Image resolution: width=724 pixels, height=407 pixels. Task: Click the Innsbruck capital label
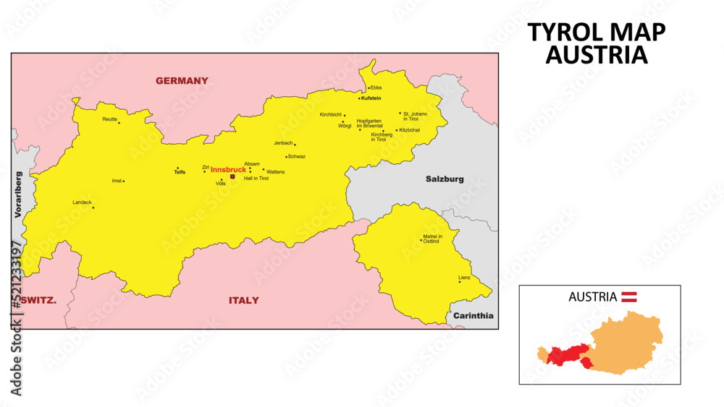tap(228, 170)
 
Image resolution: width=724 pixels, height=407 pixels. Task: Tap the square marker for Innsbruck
tap(232, 176)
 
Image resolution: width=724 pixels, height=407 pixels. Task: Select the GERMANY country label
tap(182, 81)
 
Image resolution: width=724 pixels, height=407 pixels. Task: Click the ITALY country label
tap(244, 300)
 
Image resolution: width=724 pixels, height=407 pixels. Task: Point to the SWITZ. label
tap(38, 300)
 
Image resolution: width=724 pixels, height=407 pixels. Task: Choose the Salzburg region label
tap(445, 179)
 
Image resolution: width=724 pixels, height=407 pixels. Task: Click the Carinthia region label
tap(473, 316)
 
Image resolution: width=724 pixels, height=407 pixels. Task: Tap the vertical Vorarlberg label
tap(19, 194)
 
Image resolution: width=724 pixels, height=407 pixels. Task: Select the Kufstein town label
tap(371, 98)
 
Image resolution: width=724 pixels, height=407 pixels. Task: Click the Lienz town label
tap(464, 278)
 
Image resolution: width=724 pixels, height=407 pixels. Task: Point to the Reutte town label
tap(109, 119)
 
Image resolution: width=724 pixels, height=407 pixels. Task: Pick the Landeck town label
tap(82, 202)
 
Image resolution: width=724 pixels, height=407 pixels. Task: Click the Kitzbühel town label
tap(410, 130)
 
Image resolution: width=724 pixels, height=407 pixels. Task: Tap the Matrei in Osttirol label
tap(432, 239)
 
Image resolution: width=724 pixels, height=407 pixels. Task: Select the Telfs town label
tap(180, 173)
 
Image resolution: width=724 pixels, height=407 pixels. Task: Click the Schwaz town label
tap(297, 157)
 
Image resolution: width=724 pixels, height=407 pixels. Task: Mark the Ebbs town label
tap(376, 87)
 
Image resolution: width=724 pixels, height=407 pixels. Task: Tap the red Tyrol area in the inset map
tap(565, 355)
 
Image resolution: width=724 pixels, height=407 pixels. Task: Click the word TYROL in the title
tap(563, 33)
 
